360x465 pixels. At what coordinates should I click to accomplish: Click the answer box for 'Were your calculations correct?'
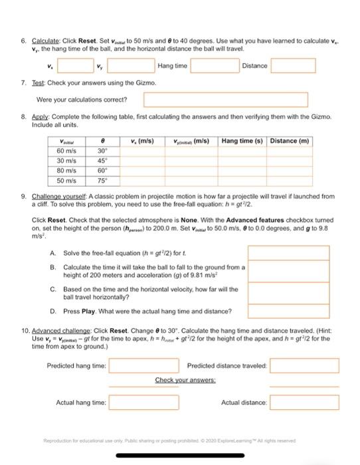(x=226, y=100)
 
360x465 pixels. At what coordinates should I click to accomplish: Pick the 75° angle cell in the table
(x=101, y=180)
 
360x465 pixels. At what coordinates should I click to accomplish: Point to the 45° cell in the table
(x=101, y=161)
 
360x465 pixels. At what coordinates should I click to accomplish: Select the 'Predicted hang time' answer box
(x=144, y=366)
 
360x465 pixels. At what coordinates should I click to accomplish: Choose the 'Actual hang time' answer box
(x=144, y=403)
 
